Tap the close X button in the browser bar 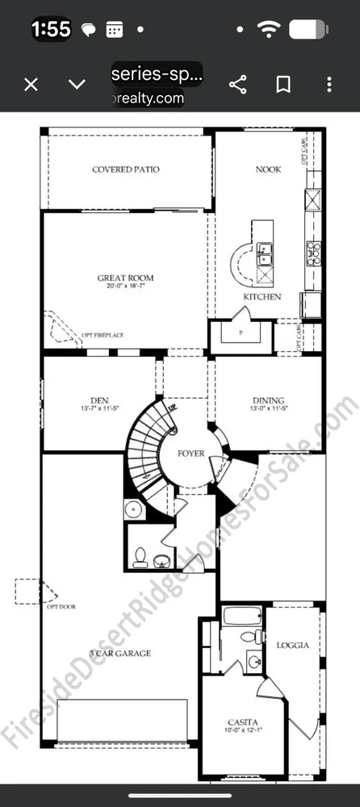point(31,84)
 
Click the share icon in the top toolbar point(238,84)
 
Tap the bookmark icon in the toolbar point(283,84)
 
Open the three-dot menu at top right point(329,84)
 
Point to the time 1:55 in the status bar point(51,30)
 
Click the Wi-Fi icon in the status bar point(268,30)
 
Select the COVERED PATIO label point(125,169)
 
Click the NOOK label point(268,169)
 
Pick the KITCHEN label point(262,297)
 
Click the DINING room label point(268,401)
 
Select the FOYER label point(191,454)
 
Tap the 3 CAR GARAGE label point(119,653)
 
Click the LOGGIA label point(292,645)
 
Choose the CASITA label point(242,721)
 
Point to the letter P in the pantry point(241,332)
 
